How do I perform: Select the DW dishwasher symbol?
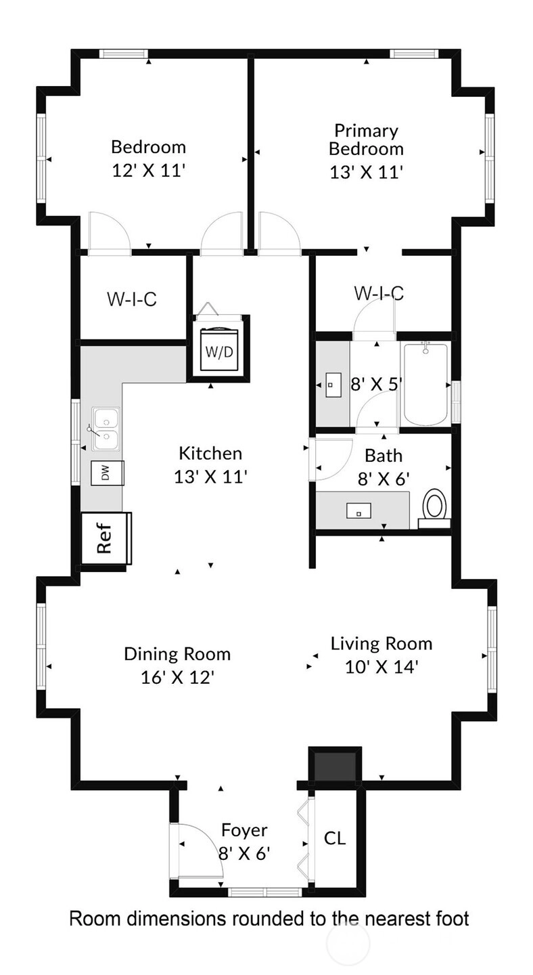(108, 473)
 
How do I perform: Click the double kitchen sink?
(106, 429)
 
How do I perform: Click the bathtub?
(425, 385)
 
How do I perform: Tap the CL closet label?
(335, 838)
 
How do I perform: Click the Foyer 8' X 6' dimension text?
(244, 854)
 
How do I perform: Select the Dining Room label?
(177, 654)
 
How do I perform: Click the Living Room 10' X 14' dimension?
(381, 667)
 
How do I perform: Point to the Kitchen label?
(210, 454)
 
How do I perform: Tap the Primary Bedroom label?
(367, 139)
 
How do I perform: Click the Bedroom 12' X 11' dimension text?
(149, 171)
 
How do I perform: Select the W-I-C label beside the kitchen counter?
(132, 299)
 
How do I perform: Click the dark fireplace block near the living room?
(335, 764)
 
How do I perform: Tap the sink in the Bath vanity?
(358, 511)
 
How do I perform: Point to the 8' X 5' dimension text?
(375, 385)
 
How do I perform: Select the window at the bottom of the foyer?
(264, 892)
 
